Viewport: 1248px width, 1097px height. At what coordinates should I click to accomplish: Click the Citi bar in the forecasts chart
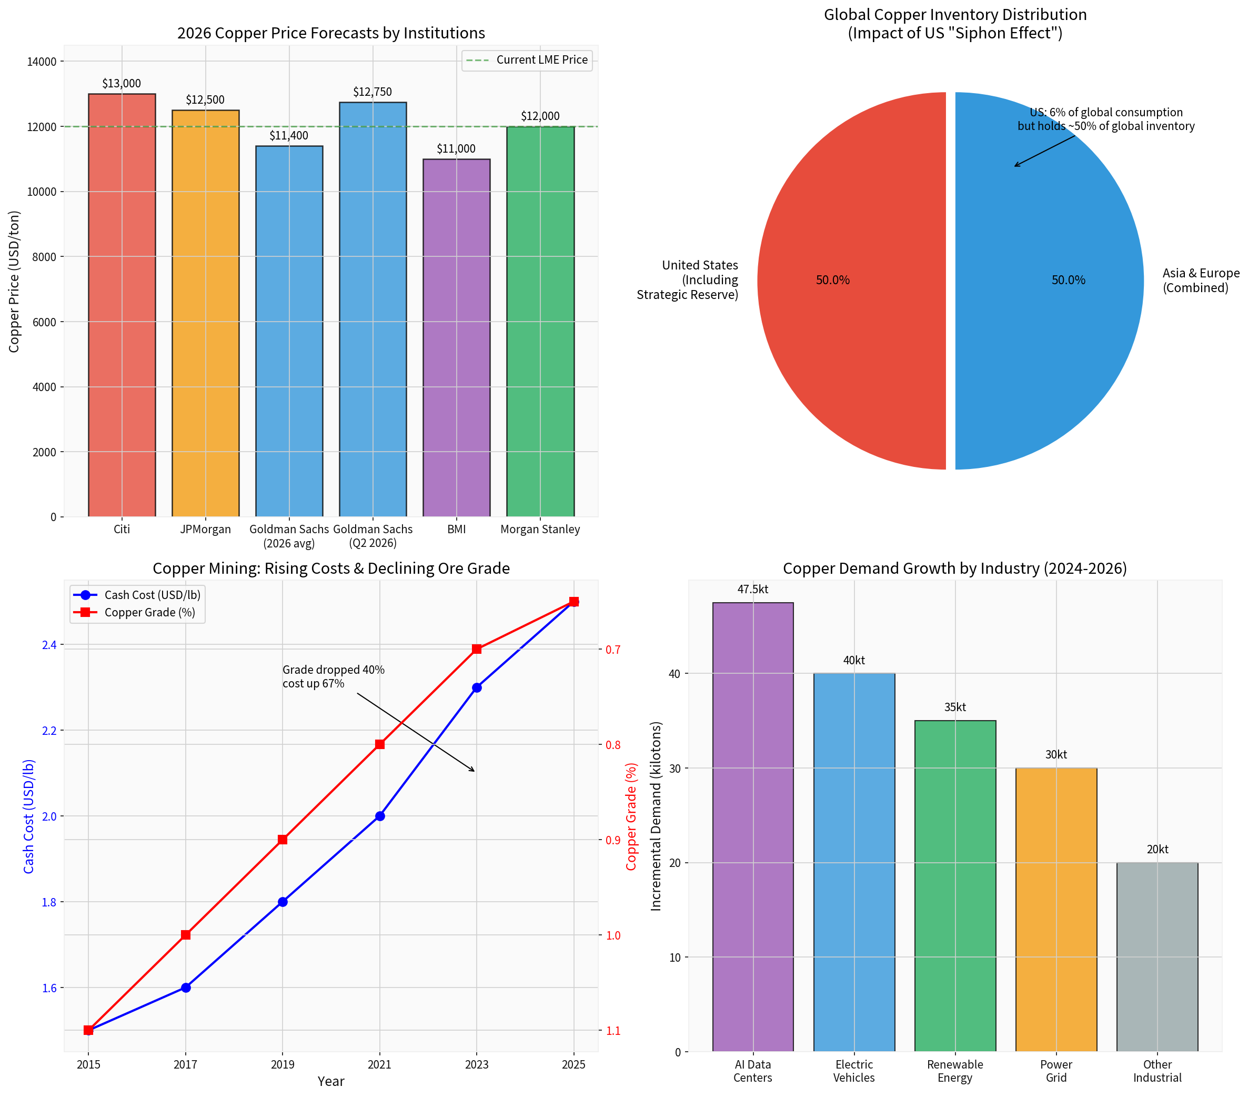tap(122, 305)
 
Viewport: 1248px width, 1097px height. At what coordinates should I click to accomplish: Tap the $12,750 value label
tap(373, 92)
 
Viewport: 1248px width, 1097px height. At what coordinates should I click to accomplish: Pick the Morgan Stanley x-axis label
tap(540, 529)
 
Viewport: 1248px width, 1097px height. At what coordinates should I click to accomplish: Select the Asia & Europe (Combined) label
tap(1200, 281)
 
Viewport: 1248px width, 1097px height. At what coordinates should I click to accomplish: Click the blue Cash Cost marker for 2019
tap(283, 902)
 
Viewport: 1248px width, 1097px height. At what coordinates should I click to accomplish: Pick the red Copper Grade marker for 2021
tap(380, 744)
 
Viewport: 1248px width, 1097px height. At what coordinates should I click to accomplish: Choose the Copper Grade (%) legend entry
tap(149, 613)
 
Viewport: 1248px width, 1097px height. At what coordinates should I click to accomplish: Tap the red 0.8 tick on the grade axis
tap(613, 744)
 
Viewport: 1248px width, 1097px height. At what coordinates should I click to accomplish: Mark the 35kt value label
tap(955, 707)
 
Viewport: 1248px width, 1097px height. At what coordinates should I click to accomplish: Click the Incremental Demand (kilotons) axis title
tap(657, 816)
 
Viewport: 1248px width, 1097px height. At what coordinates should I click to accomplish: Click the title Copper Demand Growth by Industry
tap(954, 569)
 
